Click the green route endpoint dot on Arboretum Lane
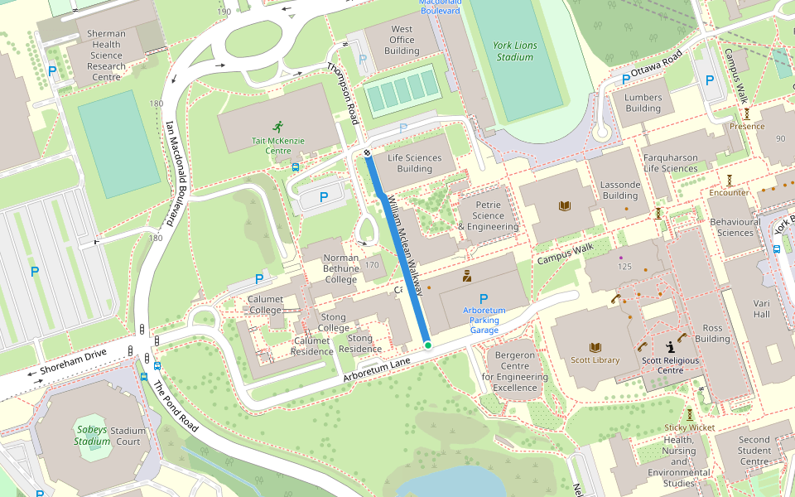427,345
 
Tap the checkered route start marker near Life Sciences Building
366,152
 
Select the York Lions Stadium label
514,51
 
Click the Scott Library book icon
595,347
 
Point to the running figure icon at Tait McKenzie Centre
277,127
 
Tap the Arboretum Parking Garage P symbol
484,298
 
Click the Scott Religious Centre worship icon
670,347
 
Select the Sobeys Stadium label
93,435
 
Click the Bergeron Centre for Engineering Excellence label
515,371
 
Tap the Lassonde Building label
619,191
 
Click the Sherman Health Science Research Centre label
107,55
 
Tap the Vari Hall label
761,309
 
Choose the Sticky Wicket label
689,427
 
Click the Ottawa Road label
656,68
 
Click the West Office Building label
402,40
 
